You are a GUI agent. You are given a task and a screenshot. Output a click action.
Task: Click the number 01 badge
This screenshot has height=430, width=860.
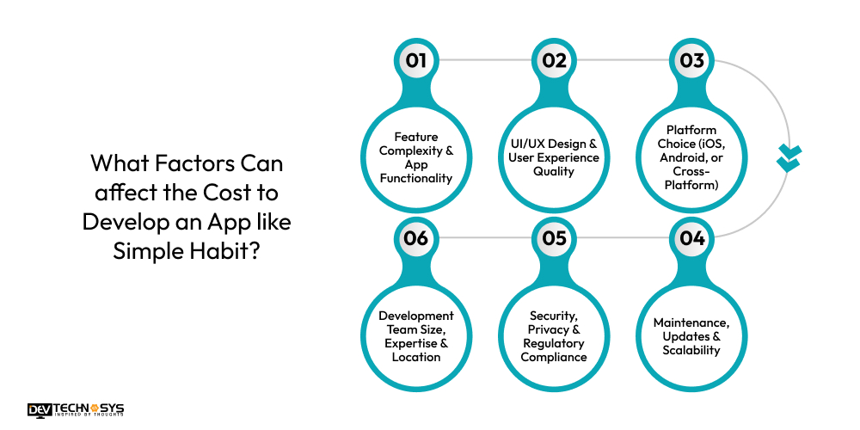click(x=416, y=60)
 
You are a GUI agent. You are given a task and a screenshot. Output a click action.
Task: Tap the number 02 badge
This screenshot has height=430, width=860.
click(x=555, y=60)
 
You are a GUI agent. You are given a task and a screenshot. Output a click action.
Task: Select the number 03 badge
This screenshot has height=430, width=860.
click(x=692, y=60)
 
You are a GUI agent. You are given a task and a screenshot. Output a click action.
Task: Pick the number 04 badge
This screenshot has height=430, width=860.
click(x=692, y=237)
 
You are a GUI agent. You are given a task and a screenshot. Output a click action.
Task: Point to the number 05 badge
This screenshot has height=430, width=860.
click(x=555, y=237)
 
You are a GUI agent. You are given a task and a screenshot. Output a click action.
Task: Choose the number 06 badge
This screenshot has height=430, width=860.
click(x=416, y=237)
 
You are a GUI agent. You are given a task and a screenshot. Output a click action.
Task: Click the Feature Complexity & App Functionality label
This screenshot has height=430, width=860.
click(x=416, y=157)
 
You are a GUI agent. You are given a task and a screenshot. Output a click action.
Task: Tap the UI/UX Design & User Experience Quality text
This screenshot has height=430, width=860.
click(x=555, y=157)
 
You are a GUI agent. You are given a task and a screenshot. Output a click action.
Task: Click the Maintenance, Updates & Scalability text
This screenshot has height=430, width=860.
click(x=692, y=336)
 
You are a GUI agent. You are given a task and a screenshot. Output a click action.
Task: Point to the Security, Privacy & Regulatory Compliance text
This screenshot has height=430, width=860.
click(x=555, y=336)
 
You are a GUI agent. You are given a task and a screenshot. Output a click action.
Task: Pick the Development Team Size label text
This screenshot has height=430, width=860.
click(x=416, y=336)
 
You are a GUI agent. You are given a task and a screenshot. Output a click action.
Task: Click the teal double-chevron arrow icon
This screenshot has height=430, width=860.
click(x=788, y=158)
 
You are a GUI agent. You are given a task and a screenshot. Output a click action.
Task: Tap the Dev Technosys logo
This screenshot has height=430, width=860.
click(x=76, y=409)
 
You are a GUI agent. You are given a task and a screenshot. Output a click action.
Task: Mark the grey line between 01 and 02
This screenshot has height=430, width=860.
click(x=486, y=60)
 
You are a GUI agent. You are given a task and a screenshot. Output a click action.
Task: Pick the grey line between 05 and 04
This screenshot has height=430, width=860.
click(x=623, y=237)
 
